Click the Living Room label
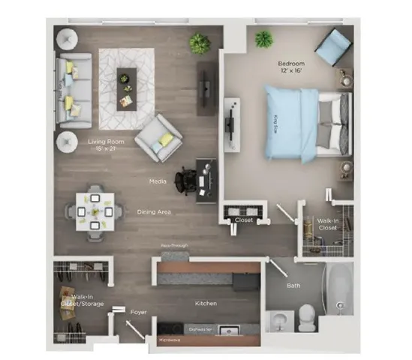(106, 141)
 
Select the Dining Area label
(155, 212)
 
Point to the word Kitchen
(206, 303)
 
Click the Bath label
(294, 286)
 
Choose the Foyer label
(138, 310)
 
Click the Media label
(158, 181)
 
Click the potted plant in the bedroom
(264, 38)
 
